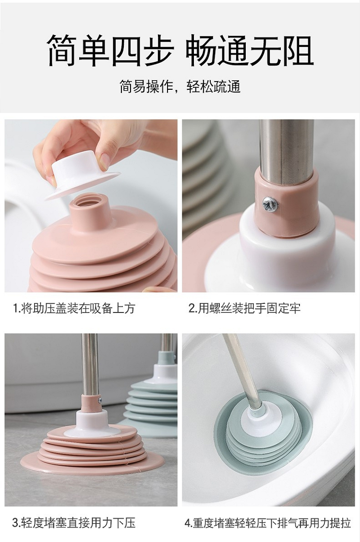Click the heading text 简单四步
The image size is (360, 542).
(109, 50)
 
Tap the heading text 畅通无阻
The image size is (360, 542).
(250, 50)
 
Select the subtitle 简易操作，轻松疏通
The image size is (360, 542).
(180, 87)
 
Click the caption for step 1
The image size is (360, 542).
(73, 308)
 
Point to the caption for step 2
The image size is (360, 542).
(245, 308)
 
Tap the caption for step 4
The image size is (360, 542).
(268, 523)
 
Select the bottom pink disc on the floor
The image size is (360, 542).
(92, 463)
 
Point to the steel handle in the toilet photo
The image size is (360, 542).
(242, 370)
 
